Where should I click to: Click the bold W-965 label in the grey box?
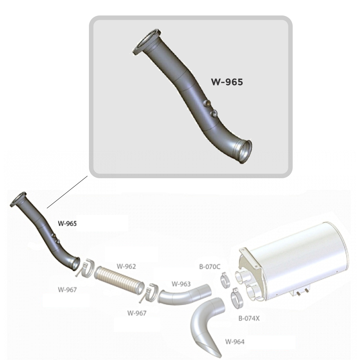pos(227,82)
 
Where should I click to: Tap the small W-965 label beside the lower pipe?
pos(67,224)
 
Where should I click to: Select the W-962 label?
pos(126,266)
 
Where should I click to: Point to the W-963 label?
pos(181,284)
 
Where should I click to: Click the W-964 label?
pos(235,342)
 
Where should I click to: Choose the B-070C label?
pos(210,266)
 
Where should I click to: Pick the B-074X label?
pos(249,318)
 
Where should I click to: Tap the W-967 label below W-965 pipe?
pos(67,289)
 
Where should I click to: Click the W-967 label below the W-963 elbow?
pos(137,313)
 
